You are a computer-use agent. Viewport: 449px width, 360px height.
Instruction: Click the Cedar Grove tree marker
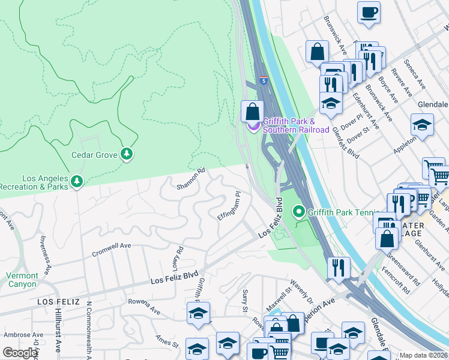[x=126, y=154]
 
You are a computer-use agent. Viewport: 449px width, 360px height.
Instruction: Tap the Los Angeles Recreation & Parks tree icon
[x=76, y=181]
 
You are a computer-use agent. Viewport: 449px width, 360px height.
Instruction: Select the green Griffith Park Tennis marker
[x=298, y=212]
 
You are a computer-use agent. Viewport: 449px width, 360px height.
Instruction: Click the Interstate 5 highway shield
[x=264, y=80]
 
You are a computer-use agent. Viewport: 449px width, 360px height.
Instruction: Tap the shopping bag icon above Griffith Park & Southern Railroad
[x=253, y=112]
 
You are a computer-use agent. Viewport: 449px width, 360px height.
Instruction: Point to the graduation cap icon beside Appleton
[x=422, y=125]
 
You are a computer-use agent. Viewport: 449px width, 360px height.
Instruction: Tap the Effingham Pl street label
[x=229, y=206]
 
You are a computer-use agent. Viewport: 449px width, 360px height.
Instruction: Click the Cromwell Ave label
[x=111, y=250]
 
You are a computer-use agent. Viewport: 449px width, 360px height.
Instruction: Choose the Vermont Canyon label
[x=22, y=280]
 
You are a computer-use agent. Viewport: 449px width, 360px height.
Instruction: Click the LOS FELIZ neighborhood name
[x=58, y=301]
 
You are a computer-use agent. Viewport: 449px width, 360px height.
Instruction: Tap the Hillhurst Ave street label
[x=58, y=337]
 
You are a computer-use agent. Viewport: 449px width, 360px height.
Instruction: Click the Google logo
[x=20, y=353]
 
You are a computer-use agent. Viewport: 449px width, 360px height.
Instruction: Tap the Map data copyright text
[x=424, y=355]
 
